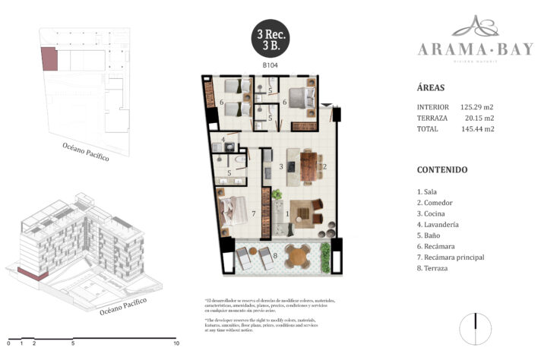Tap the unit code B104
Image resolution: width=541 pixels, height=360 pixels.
click(269, 67)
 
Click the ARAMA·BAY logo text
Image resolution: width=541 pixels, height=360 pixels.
click(464, 49)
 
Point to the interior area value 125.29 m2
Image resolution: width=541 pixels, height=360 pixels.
click(477, 107)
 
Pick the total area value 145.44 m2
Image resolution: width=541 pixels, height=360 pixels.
click(477, 129)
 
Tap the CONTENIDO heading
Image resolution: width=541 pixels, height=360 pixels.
click(442, 169)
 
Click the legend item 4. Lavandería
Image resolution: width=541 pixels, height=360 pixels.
click(442, 225)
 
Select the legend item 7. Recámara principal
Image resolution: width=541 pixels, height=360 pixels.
click(451, 257)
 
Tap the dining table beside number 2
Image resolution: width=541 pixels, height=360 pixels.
click(308, 166)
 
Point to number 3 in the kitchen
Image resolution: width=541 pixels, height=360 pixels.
click(281, 166)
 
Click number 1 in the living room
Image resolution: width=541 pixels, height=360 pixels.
click(286, 213)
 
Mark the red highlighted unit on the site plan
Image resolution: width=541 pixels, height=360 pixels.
click(49, 59)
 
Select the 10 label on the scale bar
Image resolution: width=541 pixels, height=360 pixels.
click(176, 343)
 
